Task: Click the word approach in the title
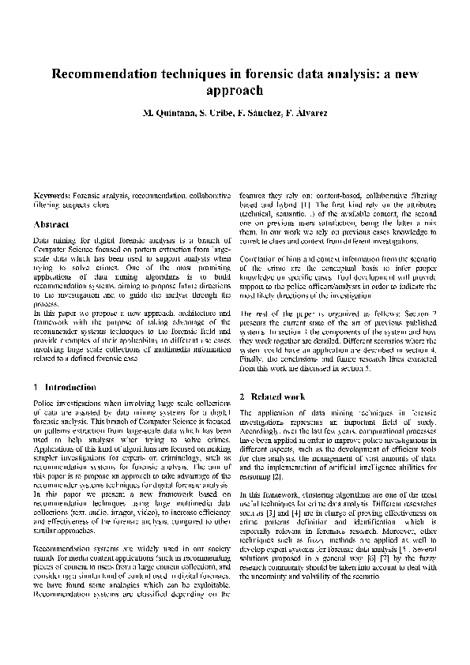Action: [x=235, y=91]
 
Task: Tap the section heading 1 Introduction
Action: [x=66, y=388]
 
